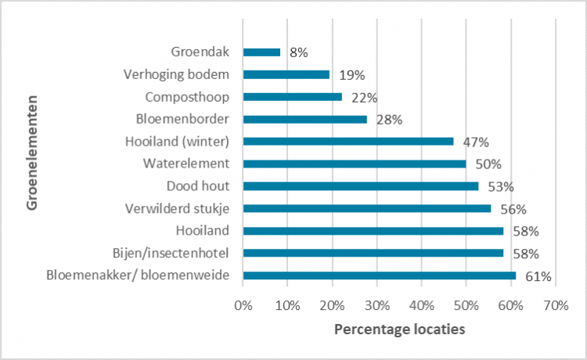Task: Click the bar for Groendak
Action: click(x=261, y=52)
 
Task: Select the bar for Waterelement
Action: click(x=355, y=164)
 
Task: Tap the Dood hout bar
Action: click(x=361, y=186)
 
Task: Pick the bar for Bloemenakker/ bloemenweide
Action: click(x=380, y=275)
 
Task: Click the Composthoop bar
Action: click(x=293, y=97)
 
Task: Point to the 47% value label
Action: click(x=475, y=142)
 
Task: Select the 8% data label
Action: click(x=298, y=53)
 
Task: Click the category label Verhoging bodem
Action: click(x=176, y=75)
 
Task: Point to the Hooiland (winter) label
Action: click(x=177, y=142)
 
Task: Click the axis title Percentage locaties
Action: click(x=399, y=329)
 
